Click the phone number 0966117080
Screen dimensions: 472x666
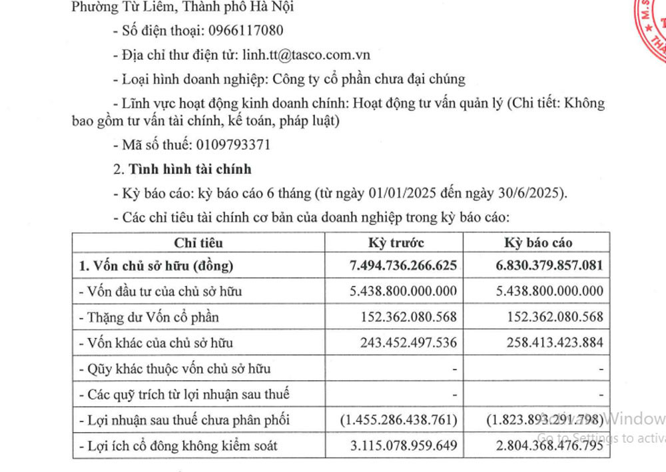pyautogui.click(x=246, y=31)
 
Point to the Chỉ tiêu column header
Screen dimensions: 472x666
pyautogui.click(x=198, y=242)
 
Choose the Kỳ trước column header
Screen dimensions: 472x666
pyautogui.click(x=396, y=242)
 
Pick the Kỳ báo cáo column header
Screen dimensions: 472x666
pyautogui.click(x=538, y=242)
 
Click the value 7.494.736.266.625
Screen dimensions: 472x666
pyautogui.click(x=404, y=266)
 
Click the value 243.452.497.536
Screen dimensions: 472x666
pyautogui.click(x=409, y=343)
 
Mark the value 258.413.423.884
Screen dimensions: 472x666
pyautogui.click(x=555, y=343)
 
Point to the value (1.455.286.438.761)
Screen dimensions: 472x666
pyautogui.click(x=398, y=420)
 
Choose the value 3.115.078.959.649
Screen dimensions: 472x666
pyautogui.click(x=404, y=445)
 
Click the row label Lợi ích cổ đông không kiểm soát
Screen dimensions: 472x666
pyautogui.click(x=178, y=445)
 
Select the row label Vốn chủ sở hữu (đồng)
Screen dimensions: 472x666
pyautogui.click(x=156, y=266)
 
